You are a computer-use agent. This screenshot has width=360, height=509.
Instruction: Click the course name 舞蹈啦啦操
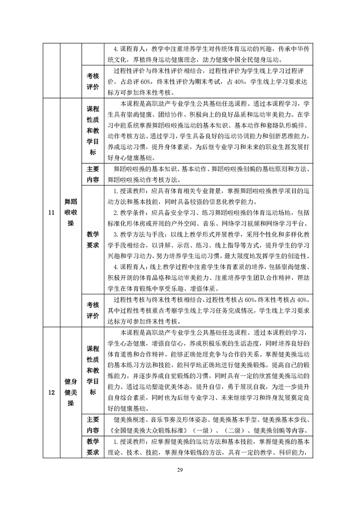(x=70, y=212)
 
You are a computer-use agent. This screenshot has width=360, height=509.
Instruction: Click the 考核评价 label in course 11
(x=93, y=310)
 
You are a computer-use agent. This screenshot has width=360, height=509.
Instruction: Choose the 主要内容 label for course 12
(x=93, y=425)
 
